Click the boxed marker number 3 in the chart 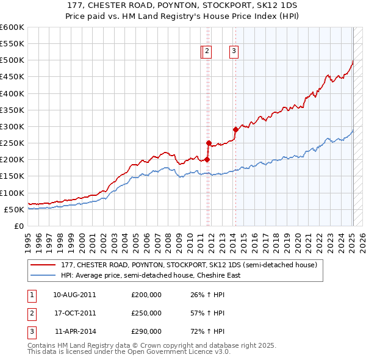coord(234,52)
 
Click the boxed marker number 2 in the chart coord(207,52)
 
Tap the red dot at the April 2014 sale coord(235,129)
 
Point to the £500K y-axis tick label coord(12,60)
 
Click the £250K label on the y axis coord(12,143)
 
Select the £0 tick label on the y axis coord(18,226)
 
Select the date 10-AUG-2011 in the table coord(74,295)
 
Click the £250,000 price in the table coord(146,313)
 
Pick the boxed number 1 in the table coord(31,295)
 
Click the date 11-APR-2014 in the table coord(74,331)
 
